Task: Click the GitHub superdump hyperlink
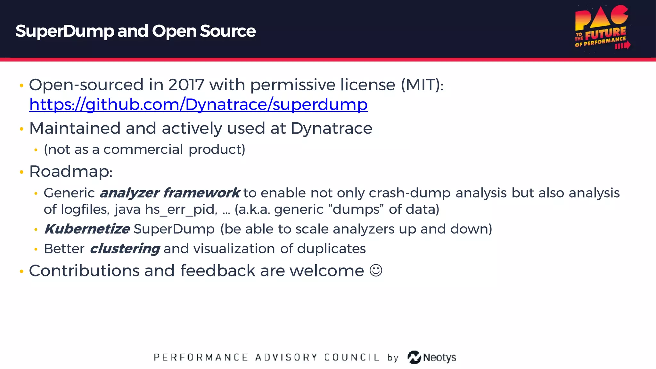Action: (x=198, y=105)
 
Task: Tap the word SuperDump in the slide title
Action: (x=64, y=31)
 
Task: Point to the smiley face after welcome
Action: (x=376, y=270)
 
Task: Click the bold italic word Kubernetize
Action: (x=87, y=229)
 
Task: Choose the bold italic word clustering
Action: (x=125, y=249)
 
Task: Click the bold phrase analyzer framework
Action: (x=169, y=193)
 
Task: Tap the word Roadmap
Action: (x=70, y=171)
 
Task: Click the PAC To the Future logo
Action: (x=602, y=28)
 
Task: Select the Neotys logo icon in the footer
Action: (x=414, y=357)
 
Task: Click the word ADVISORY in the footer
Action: (x=286, y=357)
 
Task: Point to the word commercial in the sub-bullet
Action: (x=143, y=150)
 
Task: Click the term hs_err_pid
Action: (x=181, y=209)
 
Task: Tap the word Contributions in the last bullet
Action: (x=84, y=271)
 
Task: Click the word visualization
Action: (x=234, y=249)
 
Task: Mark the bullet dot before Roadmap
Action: (x=21, y=172)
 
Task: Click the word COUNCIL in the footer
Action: (x=351, y=357)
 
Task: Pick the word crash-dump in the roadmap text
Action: (x=410, y=193)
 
